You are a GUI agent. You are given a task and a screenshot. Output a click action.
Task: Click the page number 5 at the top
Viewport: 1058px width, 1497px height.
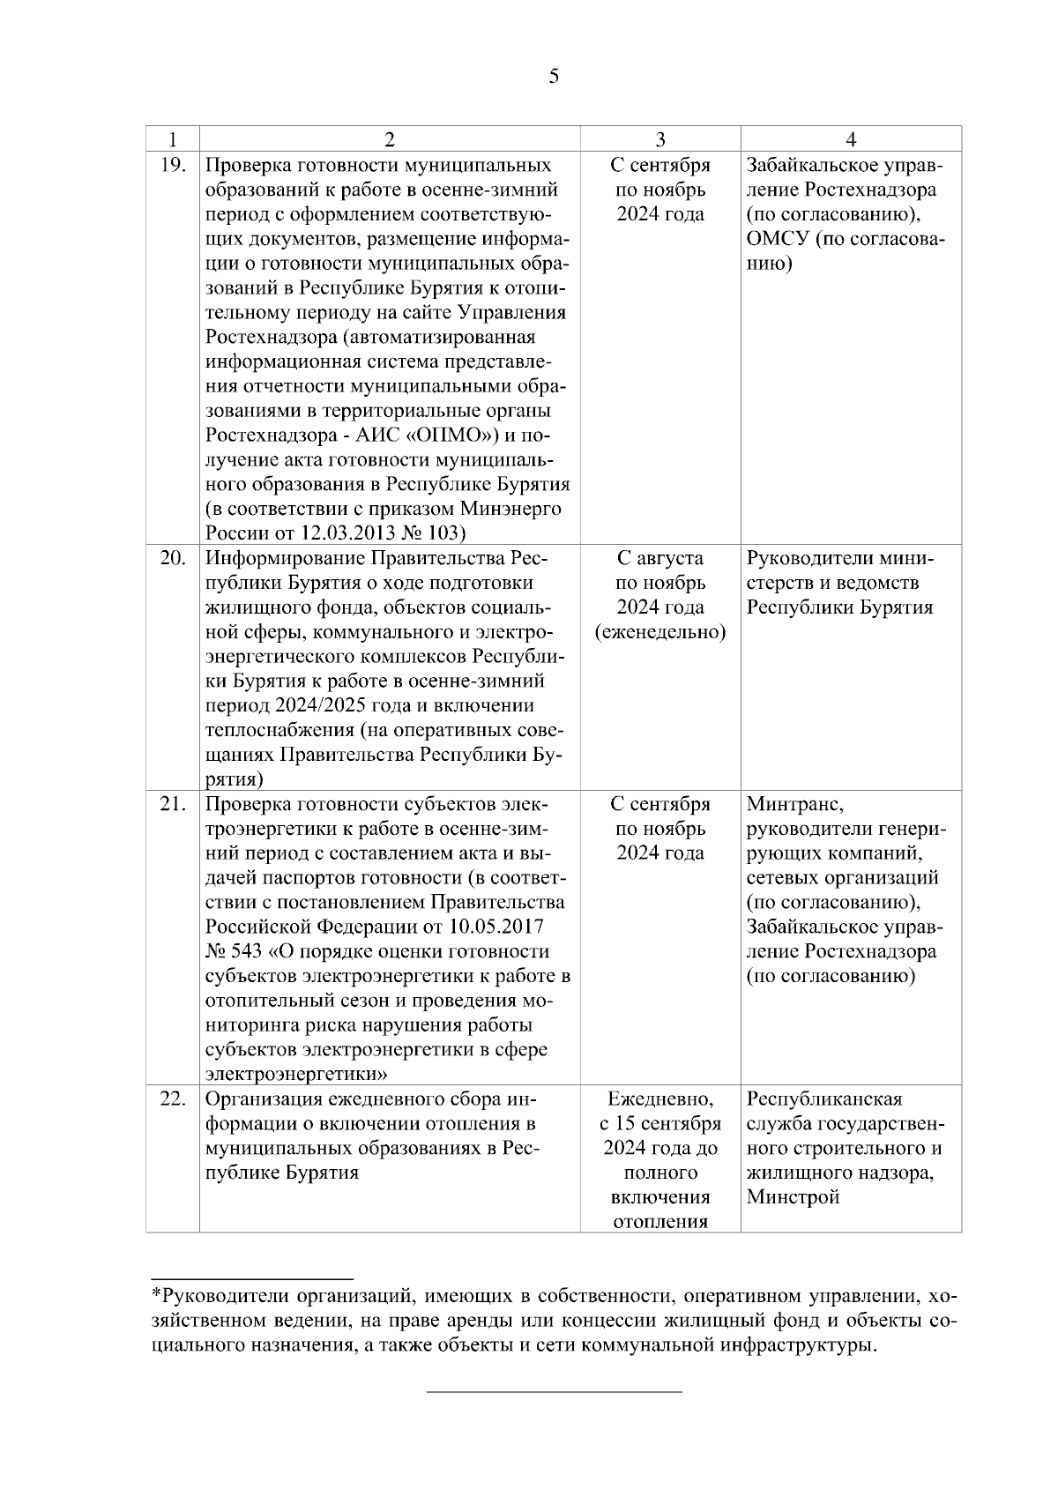tap(553, 77)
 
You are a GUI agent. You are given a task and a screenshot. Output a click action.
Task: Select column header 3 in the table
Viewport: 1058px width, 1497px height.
tap(659, 138)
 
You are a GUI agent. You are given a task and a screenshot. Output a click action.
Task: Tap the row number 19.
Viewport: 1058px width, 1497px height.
tap(174, 165)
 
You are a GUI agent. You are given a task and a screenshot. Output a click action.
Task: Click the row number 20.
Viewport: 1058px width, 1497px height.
tap(174, 558)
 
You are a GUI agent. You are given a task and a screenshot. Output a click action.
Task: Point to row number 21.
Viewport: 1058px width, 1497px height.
tap(174, 804)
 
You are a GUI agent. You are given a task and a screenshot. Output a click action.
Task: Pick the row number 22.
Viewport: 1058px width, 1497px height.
tap(174, 1099)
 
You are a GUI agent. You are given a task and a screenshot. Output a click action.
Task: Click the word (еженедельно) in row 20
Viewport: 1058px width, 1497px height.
tap(660, 632)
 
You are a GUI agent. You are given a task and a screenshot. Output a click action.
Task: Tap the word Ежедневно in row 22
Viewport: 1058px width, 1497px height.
tap(660, 1099)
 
